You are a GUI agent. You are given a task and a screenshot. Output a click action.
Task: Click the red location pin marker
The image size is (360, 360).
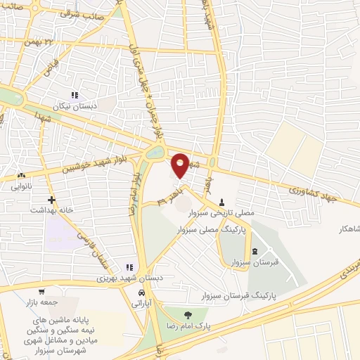(180, 164)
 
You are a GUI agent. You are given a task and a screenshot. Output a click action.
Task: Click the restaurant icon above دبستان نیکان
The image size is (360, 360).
(73, 94)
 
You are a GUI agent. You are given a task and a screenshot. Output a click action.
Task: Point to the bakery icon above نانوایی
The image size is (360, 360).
(22, 176)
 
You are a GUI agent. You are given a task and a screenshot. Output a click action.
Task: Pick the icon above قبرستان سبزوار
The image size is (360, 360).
(254, 252)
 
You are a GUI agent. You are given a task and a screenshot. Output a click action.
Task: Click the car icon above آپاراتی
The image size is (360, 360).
(142, 293)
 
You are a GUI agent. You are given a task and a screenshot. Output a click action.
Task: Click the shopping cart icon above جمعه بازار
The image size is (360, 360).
(42, 291)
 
